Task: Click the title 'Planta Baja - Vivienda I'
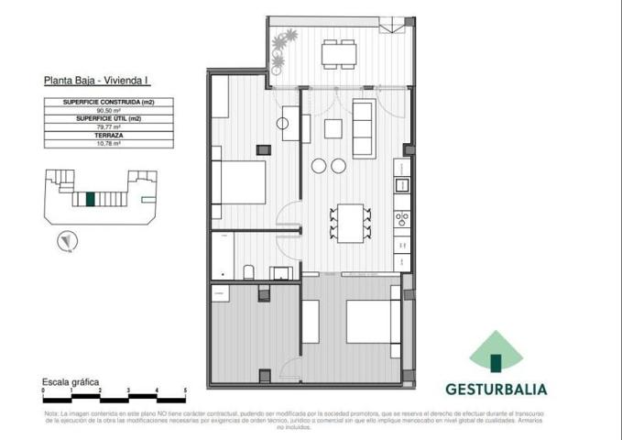(x=97, y=82)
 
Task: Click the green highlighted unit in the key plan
(x=90, y=198)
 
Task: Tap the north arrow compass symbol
(x=65, y=242)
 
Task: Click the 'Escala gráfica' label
(x=71, y=381)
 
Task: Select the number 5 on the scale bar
(x=185, y=391)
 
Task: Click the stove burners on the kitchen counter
(x=400, y=219)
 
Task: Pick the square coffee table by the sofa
(x=333, y=127)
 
